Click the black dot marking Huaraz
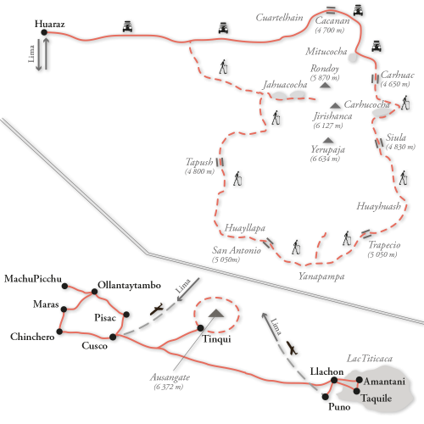tap(44, 32)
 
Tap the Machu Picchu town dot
tap(64, 286)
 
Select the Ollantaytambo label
tap(129, 285)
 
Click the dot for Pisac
tap(126, 315)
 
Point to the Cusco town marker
tap(113, 337)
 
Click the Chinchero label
tap(32, 337)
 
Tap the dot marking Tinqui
tap(200, 328)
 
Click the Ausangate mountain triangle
tap(216, 313)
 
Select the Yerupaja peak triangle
tap(328, 140)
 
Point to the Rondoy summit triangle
tap(325, 85)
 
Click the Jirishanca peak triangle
tap(336, 106)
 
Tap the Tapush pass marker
tap(220, 162)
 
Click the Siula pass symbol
tap(379, 143)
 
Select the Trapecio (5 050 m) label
tap(384, 248)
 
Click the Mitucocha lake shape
tap(353, 58)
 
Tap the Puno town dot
tap(326, 397)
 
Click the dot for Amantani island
tap(359, 380)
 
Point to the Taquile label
tap(377, 399)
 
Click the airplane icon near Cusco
tap(157, 309)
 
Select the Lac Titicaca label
tap(370, 359)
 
